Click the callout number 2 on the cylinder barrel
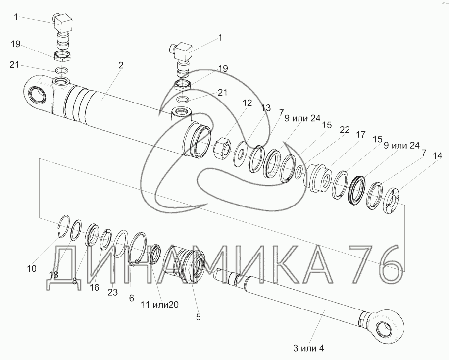click(121, 65)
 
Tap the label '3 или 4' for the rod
click(308, 348)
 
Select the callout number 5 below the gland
click(198, 317)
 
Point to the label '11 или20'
click(159, 305)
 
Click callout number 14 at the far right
click(437, 156)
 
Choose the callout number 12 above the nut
click(247, 103)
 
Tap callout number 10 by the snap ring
click(32, 269)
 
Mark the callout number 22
click(345, 130)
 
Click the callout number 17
click(360, 134)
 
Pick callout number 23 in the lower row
click(113, 292)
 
